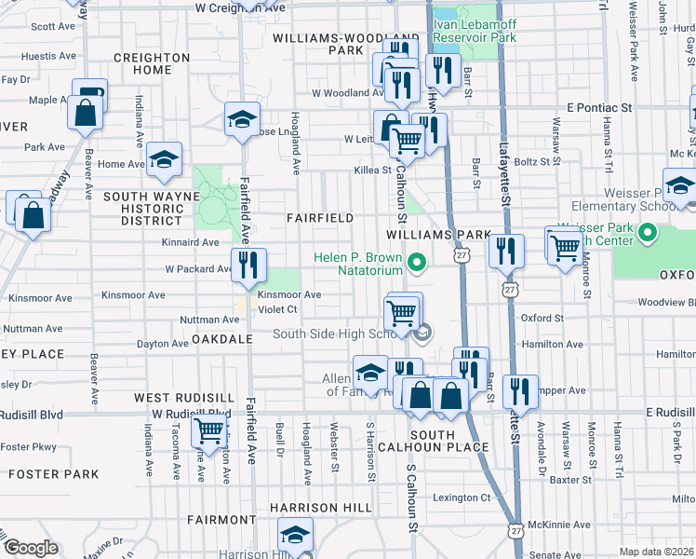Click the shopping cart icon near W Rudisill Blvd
[208, 430]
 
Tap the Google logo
[30, 548]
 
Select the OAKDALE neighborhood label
[222, 340]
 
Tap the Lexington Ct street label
[460, 498]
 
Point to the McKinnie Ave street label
[562, 525]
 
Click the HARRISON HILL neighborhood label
[321, 508]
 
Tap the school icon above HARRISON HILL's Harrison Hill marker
[295, 534]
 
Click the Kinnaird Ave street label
[190, 242]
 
